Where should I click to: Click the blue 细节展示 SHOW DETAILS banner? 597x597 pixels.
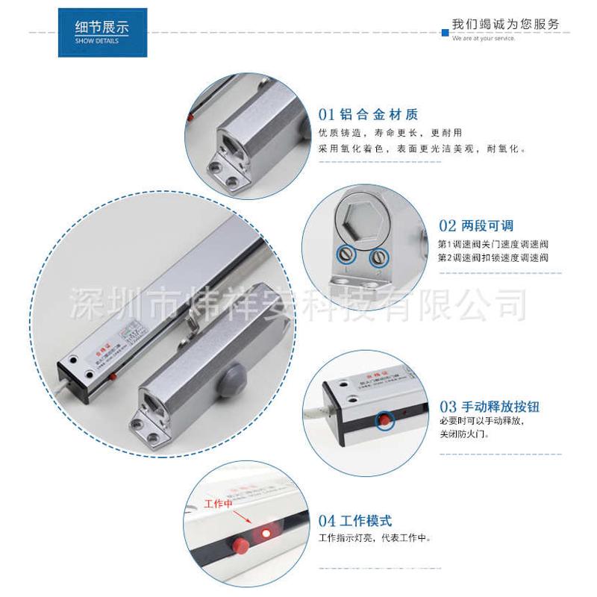coord(102,32)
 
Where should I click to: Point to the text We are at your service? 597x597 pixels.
coord(484,38)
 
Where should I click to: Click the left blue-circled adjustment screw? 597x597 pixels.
coord(346,254)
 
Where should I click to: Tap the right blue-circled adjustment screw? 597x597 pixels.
coord(379,257)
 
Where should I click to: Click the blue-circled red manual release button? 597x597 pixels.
coord(385,419)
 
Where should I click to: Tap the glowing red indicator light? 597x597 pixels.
coord(263,531)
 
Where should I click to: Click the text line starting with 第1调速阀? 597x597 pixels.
coord(493,244)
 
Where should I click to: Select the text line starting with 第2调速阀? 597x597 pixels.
coord(493,257)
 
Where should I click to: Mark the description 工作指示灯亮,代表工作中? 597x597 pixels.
coord(375,538)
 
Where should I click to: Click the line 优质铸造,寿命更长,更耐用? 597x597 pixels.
coord(385,133)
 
